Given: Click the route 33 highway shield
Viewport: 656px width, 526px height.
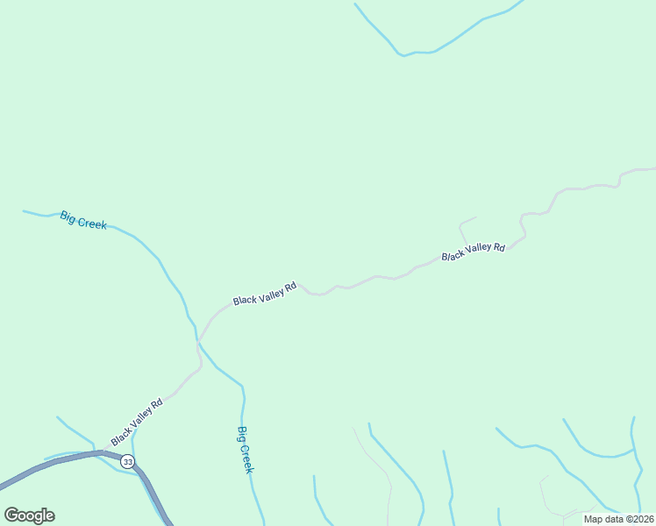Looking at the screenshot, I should pos(129,461).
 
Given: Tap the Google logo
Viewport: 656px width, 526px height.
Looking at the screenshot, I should pos(29,515).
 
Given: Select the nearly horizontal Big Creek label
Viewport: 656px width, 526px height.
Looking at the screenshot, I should pos(83,220).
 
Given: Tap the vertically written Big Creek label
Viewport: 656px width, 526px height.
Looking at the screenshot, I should pos(246,450).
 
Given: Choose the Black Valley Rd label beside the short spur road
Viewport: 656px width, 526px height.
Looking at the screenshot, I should pos(474,252).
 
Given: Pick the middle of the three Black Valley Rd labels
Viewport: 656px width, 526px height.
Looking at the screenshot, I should pos(265,294).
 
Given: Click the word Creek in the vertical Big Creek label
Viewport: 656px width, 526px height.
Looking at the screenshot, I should pos(246,458).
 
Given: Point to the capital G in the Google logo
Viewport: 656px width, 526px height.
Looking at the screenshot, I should pos(11,515).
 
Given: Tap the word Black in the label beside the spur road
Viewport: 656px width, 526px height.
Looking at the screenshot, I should pos(453,256).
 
